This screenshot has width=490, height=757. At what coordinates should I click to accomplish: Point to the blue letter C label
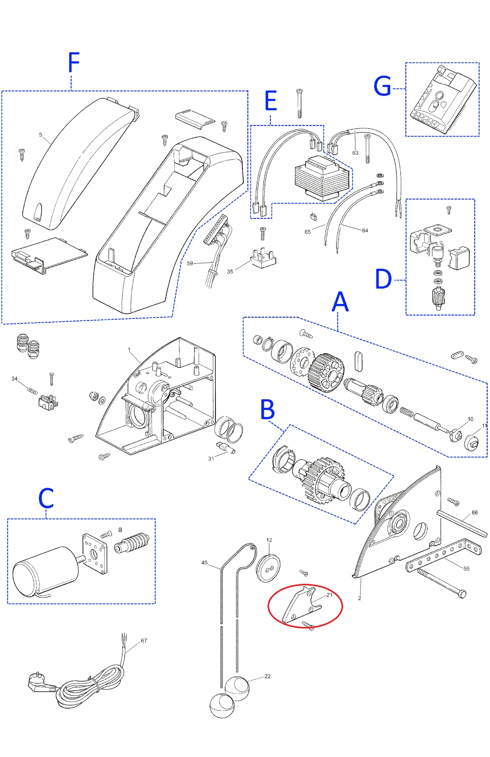46,498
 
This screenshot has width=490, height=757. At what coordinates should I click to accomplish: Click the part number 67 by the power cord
144,640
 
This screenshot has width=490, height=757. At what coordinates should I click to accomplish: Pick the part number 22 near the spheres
267,676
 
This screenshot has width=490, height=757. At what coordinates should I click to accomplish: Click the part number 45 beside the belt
204,563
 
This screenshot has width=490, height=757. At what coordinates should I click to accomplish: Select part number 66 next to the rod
475,513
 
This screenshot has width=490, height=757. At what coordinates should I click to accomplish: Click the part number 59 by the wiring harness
190,263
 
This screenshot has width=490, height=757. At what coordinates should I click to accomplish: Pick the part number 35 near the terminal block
230,271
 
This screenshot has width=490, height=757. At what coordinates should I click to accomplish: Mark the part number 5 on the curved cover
41,135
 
